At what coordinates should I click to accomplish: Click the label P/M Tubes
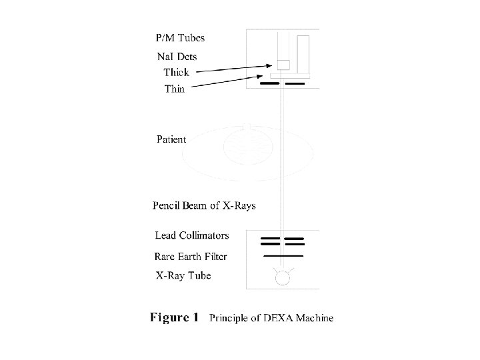179,38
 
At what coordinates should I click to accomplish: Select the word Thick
177,72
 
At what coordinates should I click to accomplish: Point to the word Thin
175,89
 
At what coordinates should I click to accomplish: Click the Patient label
171,140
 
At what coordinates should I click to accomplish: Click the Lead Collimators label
192,235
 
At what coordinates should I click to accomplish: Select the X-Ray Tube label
183,275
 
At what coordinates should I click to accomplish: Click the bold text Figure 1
173,317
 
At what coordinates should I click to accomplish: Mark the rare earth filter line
283,255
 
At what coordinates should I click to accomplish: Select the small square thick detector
283,65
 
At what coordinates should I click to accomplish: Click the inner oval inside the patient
248,145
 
